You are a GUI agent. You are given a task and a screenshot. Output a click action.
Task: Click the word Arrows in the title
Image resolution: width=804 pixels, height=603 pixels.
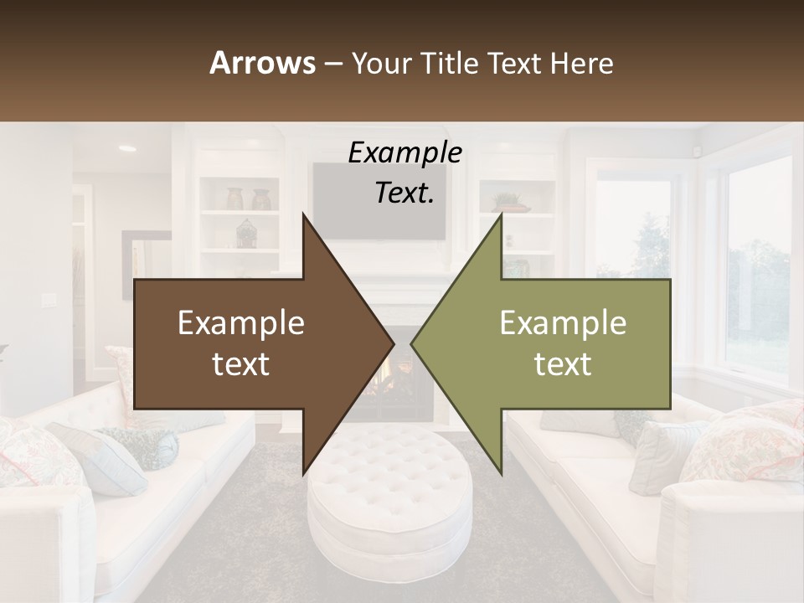click(263, 63)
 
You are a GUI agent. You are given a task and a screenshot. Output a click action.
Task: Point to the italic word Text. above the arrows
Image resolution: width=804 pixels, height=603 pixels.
click(405, 193)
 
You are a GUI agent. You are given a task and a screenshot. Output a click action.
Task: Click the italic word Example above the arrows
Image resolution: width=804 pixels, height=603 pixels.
click(405, 152)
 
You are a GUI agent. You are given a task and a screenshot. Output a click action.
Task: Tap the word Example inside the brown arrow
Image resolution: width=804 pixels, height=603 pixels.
click(241, 323)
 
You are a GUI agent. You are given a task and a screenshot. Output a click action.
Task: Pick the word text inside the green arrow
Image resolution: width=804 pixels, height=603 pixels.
click(563, 363)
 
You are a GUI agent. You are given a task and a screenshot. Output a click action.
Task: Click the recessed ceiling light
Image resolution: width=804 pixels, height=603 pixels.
click(127, 148)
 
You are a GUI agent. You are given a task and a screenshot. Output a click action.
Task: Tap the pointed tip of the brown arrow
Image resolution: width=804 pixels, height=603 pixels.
click(393, 343)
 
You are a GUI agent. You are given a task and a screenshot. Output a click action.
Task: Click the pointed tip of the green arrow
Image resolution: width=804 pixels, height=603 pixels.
click(412, 343)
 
